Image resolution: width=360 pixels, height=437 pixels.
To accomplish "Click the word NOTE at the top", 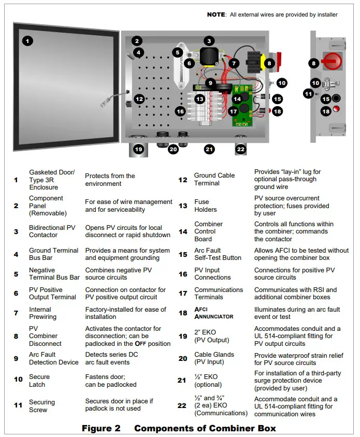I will click(216, 14).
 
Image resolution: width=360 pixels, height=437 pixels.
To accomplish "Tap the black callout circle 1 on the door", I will click(27, 40).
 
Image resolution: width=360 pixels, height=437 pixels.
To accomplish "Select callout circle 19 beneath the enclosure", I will click(138, 149).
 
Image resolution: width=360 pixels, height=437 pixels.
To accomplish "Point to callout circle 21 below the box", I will click(209, 149).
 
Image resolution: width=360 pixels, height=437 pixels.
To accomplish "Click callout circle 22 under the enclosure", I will click(240, 149).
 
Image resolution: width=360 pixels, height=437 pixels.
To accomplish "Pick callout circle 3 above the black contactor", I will click(209, 41).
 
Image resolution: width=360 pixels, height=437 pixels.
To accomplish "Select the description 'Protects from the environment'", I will click(110, 180).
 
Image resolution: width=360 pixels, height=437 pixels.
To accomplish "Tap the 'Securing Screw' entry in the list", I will click(42, 406).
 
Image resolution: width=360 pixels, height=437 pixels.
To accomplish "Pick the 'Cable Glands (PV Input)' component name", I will click(214, 358).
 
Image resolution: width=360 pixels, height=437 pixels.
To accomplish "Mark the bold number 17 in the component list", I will click(183, 294).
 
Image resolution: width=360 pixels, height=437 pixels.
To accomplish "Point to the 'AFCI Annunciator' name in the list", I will click(213, 313).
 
